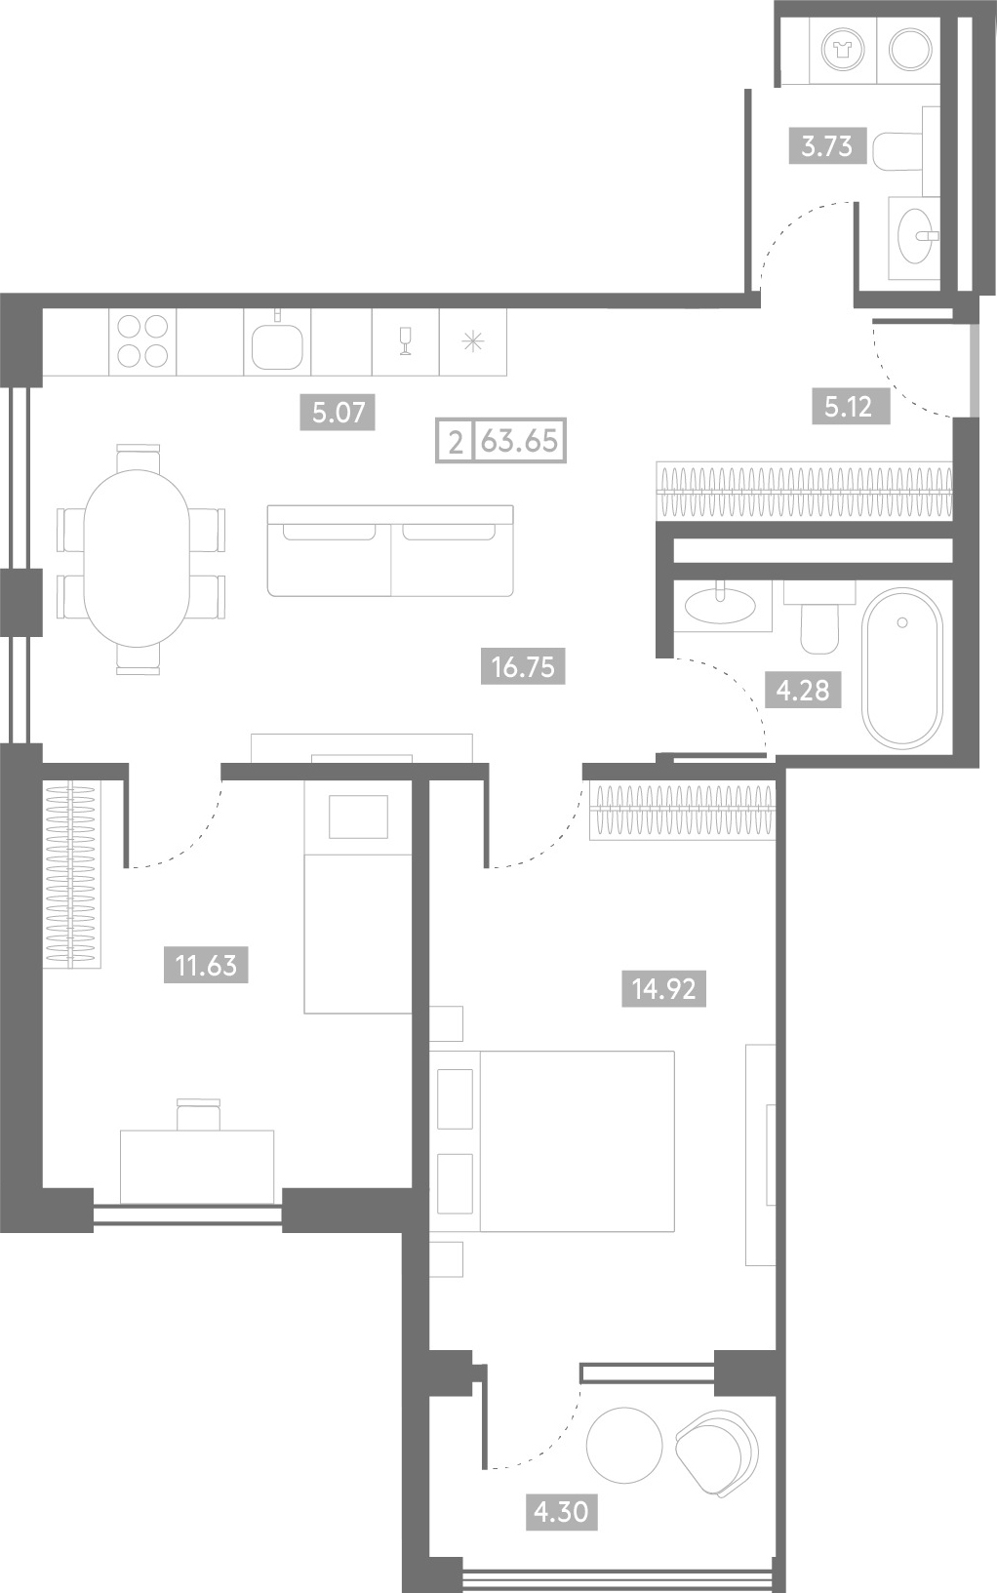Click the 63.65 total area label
pos(520,441)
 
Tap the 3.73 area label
pos(827,146)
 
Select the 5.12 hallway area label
pos(851,408)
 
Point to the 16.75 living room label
pos(523,667)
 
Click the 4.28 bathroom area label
pos(803,690)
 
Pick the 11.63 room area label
pos(206,966)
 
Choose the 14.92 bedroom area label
pos(663,989)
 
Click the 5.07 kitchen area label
pos(338,413)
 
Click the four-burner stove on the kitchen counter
pos(142,341)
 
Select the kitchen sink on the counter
pos(277,345)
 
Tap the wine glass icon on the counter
pos(406,340)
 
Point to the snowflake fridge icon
pos(473,342)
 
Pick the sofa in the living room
pos(390,550)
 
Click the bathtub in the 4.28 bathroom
pos(902,668)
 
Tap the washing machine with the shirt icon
pos(843,51)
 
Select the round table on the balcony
pos(624,1445)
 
